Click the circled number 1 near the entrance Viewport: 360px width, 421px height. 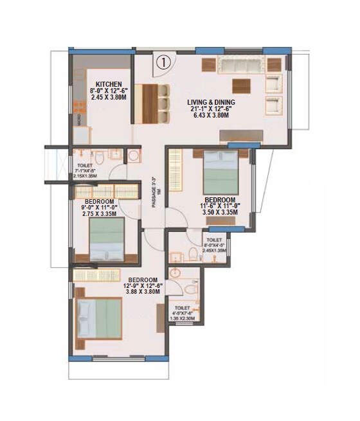tap(163, 62)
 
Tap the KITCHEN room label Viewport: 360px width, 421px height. tap(109, 84)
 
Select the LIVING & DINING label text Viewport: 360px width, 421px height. tap(211, 102)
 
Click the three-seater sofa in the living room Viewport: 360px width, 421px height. tap(240, 64)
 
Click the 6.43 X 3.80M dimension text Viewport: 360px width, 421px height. tap(211, 116)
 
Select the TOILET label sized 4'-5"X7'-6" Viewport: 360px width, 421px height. tap(183, 308)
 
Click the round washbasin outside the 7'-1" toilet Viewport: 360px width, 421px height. tap(133, 156)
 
